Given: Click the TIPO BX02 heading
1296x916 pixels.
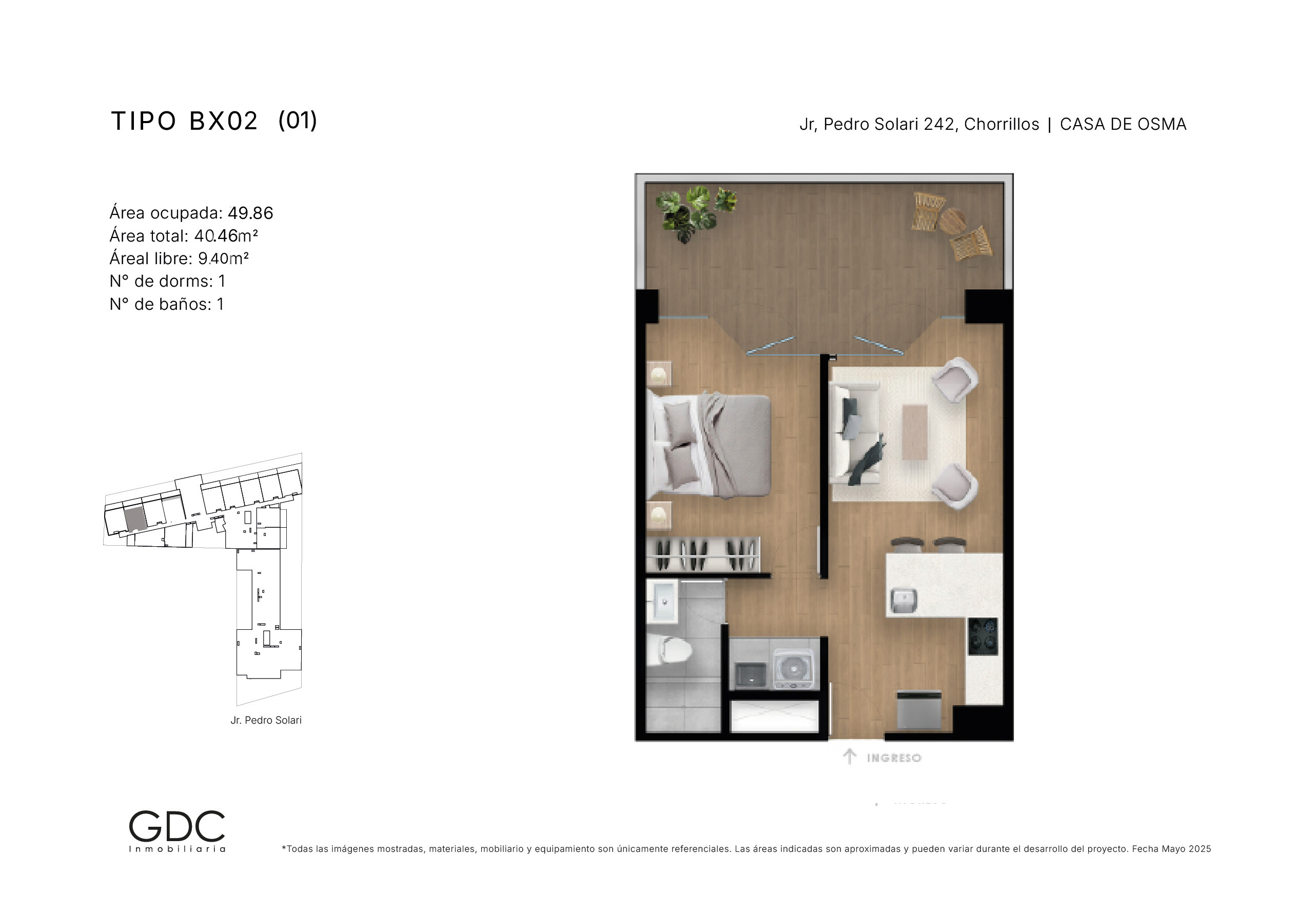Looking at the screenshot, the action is pyautogui.click(x=184, y=122).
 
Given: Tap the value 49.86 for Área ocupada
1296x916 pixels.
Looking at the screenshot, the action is pyautogui.click(x=250, y=213).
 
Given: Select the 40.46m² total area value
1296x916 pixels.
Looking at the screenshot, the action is pyautogui.click(x=226, y=236).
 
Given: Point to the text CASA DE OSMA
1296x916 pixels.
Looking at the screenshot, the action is pyautogui.click(x=1123, y=124).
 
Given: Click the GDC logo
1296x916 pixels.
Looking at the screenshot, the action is pyautogui.click(x=177, y=831).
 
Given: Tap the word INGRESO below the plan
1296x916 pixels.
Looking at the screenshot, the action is pyautogui.click(x=894, y=758).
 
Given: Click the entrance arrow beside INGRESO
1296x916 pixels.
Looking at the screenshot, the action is pyautogui.click(x=850, y=756).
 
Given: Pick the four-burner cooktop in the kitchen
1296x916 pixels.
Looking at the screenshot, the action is pyautogui.click(x=983, y=636).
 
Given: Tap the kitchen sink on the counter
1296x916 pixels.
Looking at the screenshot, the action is pyautogui.click(x=903, y=601).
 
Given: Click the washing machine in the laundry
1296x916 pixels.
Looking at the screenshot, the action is pyautogui.click(x=794, y=669).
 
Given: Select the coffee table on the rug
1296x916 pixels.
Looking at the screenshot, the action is pyautogui.click(x=914, y=432).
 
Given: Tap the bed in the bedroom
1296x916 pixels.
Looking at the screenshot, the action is pyautogui.click(x=709, y=446).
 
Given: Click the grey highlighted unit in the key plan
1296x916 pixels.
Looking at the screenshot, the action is pyautogui.click(x=135, y=519).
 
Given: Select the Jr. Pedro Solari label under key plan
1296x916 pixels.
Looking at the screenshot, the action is pyautogui.click(x=266, y=720).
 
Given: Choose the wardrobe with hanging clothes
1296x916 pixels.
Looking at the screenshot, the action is pyautogui.click(x=703, y=554).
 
